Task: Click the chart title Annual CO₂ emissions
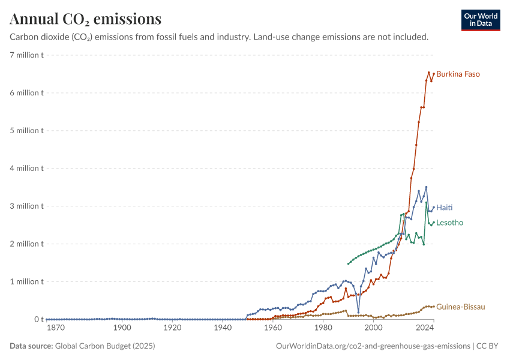coord(86,19)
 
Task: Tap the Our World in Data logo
coord(481,20)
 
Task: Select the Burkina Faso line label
coord(458,74)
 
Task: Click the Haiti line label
coord(444,208)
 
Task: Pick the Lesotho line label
coord(449,223)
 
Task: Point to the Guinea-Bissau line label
coord(461,307)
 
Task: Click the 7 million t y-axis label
coord(26,55)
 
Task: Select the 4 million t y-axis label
coord(26,169)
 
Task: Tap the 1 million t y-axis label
coord(26,281)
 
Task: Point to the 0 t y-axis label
coord(39,319)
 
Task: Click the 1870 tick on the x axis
coord(56,328)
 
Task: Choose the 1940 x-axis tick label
coord(223,328)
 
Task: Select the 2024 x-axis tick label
coord(424,328)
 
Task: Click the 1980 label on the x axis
coord(323,328)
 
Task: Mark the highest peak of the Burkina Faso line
coord(428,73)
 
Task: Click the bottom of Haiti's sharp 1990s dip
coord(358,313)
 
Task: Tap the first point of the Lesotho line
coord(349,264)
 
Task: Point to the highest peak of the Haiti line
coord(426,187)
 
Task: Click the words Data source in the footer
coord(31,346)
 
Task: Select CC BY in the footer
coord(487,346)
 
